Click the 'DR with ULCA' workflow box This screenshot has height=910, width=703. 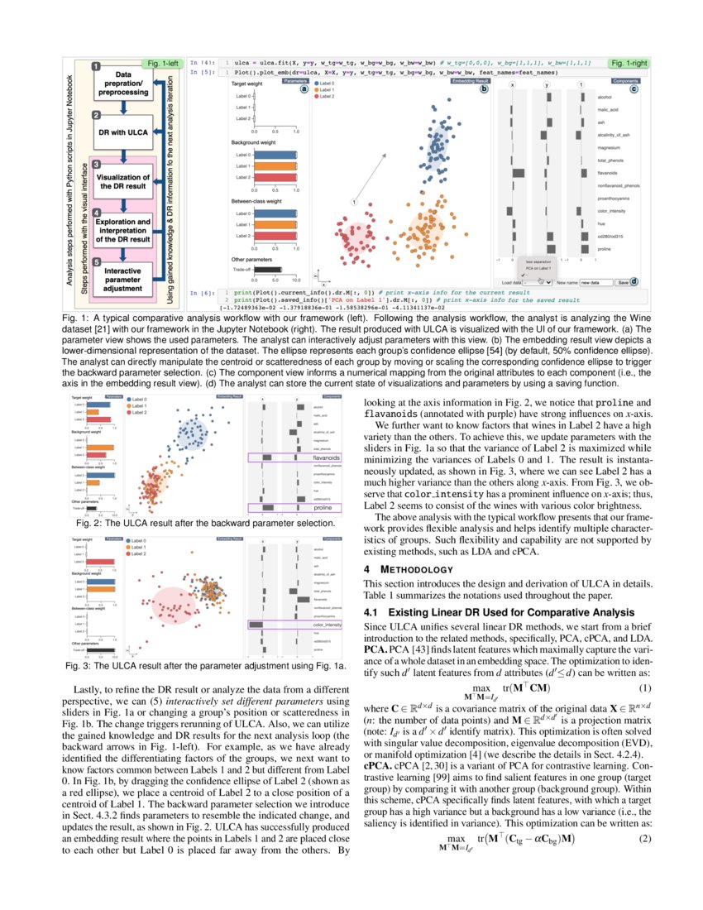[x=123, y=132]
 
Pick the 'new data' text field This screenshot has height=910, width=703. [x=595, y=282]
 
